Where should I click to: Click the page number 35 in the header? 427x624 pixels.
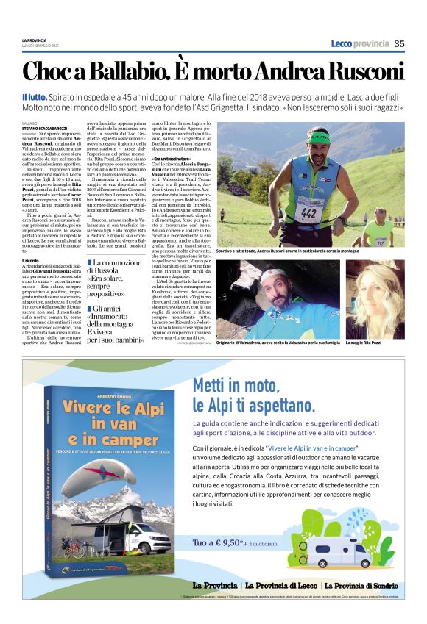pos(398,43)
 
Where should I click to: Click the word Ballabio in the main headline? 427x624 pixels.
pos(117,72)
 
